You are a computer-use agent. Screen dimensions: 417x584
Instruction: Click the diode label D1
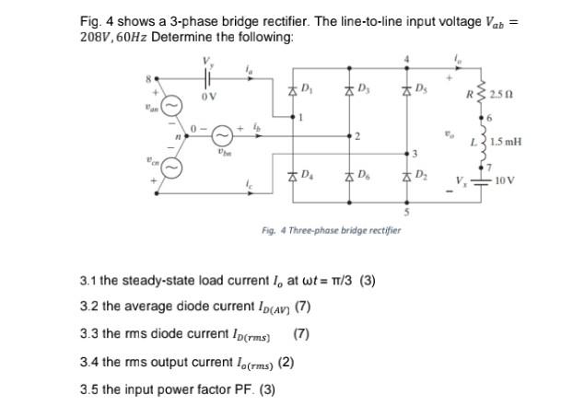(x=309, y=89)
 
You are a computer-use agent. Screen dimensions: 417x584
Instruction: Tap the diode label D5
(x=421, y=89)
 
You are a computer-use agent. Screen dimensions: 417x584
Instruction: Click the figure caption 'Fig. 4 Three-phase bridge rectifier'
(x=331, y=229)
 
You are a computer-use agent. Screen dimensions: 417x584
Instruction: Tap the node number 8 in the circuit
(x=145, y=78)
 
